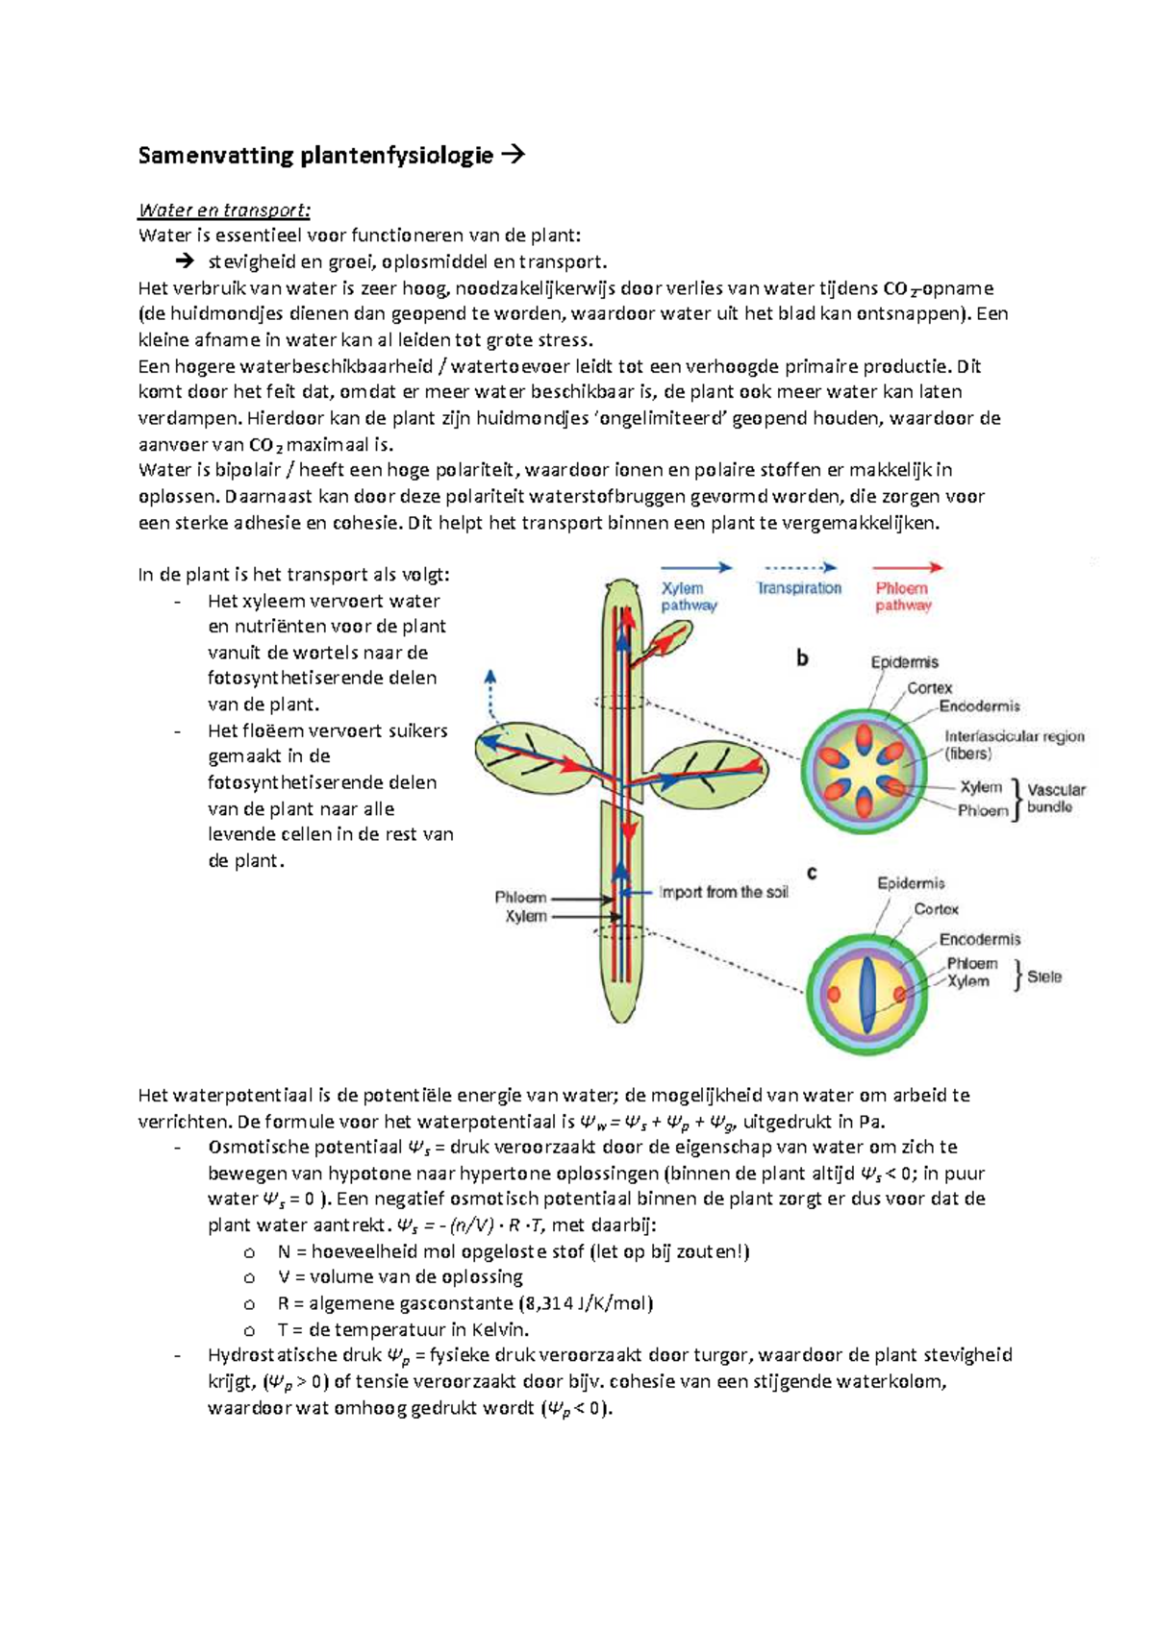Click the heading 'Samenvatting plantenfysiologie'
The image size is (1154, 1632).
click(x=315, y=155)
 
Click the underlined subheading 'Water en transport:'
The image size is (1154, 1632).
click(x=224, y=210)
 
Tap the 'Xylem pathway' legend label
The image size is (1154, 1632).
click(x=688, y=597)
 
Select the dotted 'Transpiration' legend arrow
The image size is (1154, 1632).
click(x=799, y=568)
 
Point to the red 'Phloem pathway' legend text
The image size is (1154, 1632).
click(x=902, y=597)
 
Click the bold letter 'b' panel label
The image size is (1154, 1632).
click(x=802, y=659)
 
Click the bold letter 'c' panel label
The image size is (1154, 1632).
click(x=812, y=873)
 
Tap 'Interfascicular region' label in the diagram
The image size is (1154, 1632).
click(x=1014, y=736)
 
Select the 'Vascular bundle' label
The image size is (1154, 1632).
click(x=1055, y=799)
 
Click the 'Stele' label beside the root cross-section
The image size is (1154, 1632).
click(x=1044, y=977)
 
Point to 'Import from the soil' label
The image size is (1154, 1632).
click(x=723, y=892)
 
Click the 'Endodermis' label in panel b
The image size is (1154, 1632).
click(x=979, y=706)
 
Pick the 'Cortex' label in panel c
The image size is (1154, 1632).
click(x=936, y=909)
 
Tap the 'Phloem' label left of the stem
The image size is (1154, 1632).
click(x=520, y=897)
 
